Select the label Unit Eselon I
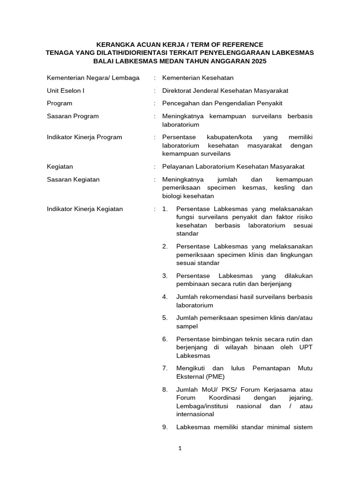tap(66, 90)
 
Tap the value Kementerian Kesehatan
tap(197, 78)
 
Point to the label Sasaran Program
tap(73, 116)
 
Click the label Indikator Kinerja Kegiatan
tap(85, 209)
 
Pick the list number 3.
tap(165, 276)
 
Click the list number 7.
tap(165, 368)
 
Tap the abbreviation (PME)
tap(213, 376)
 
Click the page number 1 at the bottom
tap(180, 448)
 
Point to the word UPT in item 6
tap(306, 347)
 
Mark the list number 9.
tap(165, 427)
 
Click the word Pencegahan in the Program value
tap(180, 103)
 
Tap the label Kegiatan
tap(60, 166)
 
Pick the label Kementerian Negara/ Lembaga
tap(93, 78)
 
